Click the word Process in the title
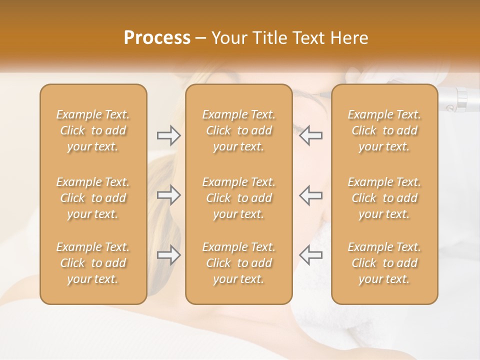[157, 38]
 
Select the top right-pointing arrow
[168, 135]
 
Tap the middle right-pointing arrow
[168, 195]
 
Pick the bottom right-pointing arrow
[168, 255]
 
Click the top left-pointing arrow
[310, 135]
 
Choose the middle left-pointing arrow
[310, 195]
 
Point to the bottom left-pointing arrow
[310, 255]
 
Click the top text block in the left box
[93, 130]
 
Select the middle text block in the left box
[93, 198]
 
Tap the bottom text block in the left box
[93, 263]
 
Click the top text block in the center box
[238, 130]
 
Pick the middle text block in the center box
[238, 198]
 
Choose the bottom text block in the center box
[238, 263]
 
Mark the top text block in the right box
[384, 130]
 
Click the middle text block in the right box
[384, 198]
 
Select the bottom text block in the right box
[384, 263]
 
